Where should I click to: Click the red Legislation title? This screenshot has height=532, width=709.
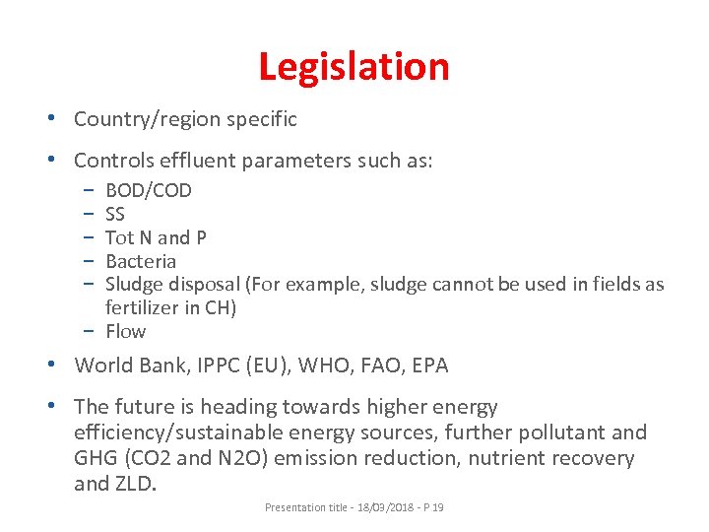point(354,67)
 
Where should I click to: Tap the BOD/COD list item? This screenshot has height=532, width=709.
point(148,190)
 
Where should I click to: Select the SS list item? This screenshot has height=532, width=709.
point(115,214)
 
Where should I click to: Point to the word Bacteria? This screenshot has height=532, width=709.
point(141,261)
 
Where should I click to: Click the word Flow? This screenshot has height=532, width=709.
point(125,332)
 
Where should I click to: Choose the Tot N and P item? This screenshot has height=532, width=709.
point(156,237)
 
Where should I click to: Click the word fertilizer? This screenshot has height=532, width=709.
point(144,308)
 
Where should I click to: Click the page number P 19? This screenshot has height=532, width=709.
point(431,507)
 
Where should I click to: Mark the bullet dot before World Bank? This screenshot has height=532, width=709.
point(61,366)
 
